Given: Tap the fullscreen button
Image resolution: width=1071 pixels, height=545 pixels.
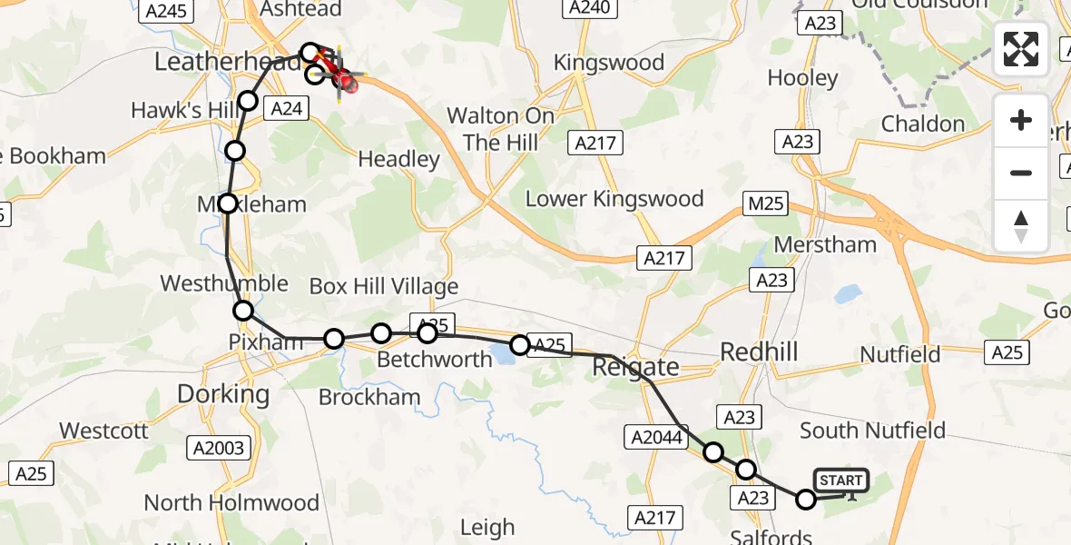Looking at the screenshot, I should click(1021, 49).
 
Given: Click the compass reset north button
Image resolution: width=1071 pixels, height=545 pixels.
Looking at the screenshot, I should click(1021, 225).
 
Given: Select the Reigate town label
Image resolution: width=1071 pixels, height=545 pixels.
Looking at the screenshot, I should click(635, 367).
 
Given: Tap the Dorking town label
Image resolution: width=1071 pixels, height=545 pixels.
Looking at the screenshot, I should click(223, 394).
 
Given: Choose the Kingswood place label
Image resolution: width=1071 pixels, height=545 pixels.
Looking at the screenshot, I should click(609, 63).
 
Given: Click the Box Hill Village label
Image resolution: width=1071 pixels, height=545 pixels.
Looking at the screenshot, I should click(384, 287).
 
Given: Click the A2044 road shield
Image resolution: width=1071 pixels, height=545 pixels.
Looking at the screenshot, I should click(653, 438).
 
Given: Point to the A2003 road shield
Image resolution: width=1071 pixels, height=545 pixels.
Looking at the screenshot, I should click(218, 447).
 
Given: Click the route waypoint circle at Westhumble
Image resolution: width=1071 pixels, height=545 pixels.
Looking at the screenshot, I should click(243, 312).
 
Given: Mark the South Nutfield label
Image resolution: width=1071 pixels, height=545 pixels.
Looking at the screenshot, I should click(871, 430).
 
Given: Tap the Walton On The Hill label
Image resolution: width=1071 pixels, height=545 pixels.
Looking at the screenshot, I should click(501, 129).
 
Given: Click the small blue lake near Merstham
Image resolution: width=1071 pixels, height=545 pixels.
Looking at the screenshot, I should click(848, 293).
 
